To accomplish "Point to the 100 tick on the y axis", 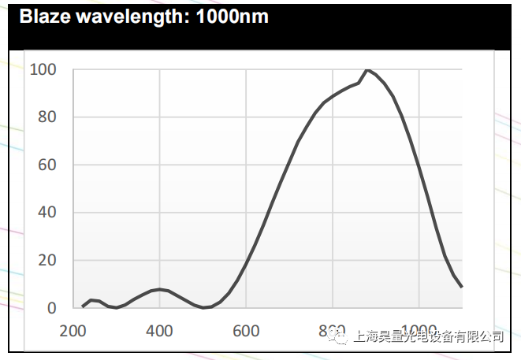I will [43, 69].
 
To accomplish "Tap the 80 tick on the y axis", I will [47, 117].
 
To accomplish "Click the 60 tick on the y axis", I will [47, 165].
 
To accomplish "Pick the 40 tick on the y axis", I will [47, 213].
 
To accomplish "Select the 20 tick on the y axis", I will [47, 261].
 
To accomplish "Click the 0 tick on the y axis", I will [51, 308].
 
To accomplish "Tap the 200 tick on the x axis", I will [73, 331].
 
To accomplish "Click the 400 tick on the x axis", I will [160, 331].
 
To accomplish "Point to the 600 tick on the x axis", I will [246, 331].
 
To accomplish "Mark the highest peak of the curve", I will [367, 69].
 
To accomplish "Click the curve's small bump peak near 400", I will [160, 289].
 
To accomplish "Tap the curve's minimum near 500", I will [203, 307].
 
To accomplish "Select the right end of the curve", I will [462, 287].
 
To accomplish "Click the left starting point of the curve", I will [82, 306].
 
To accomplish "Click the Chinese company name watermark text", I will [429, 336].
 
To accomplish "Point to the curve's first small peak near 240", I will [91, 300].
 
